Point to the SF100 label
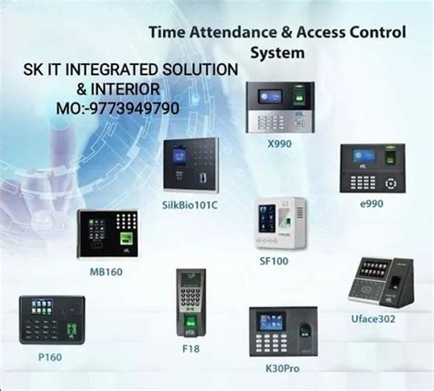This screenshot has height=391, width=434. click(x=274, y=260)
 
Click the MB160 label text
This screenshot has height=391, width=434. click(x=105, y=271)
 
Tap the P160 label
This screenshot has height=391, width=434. click(x=49, y=356)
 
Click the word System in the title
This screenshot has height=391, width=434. click(x=277, y=52)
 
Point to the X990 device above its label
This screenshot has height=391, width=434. click(x=280, y=108)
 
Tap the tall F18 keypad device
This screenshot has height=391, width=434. click(x=190, y=304)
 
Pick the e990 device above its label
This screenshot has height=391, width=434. click(x=372, y=168)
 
